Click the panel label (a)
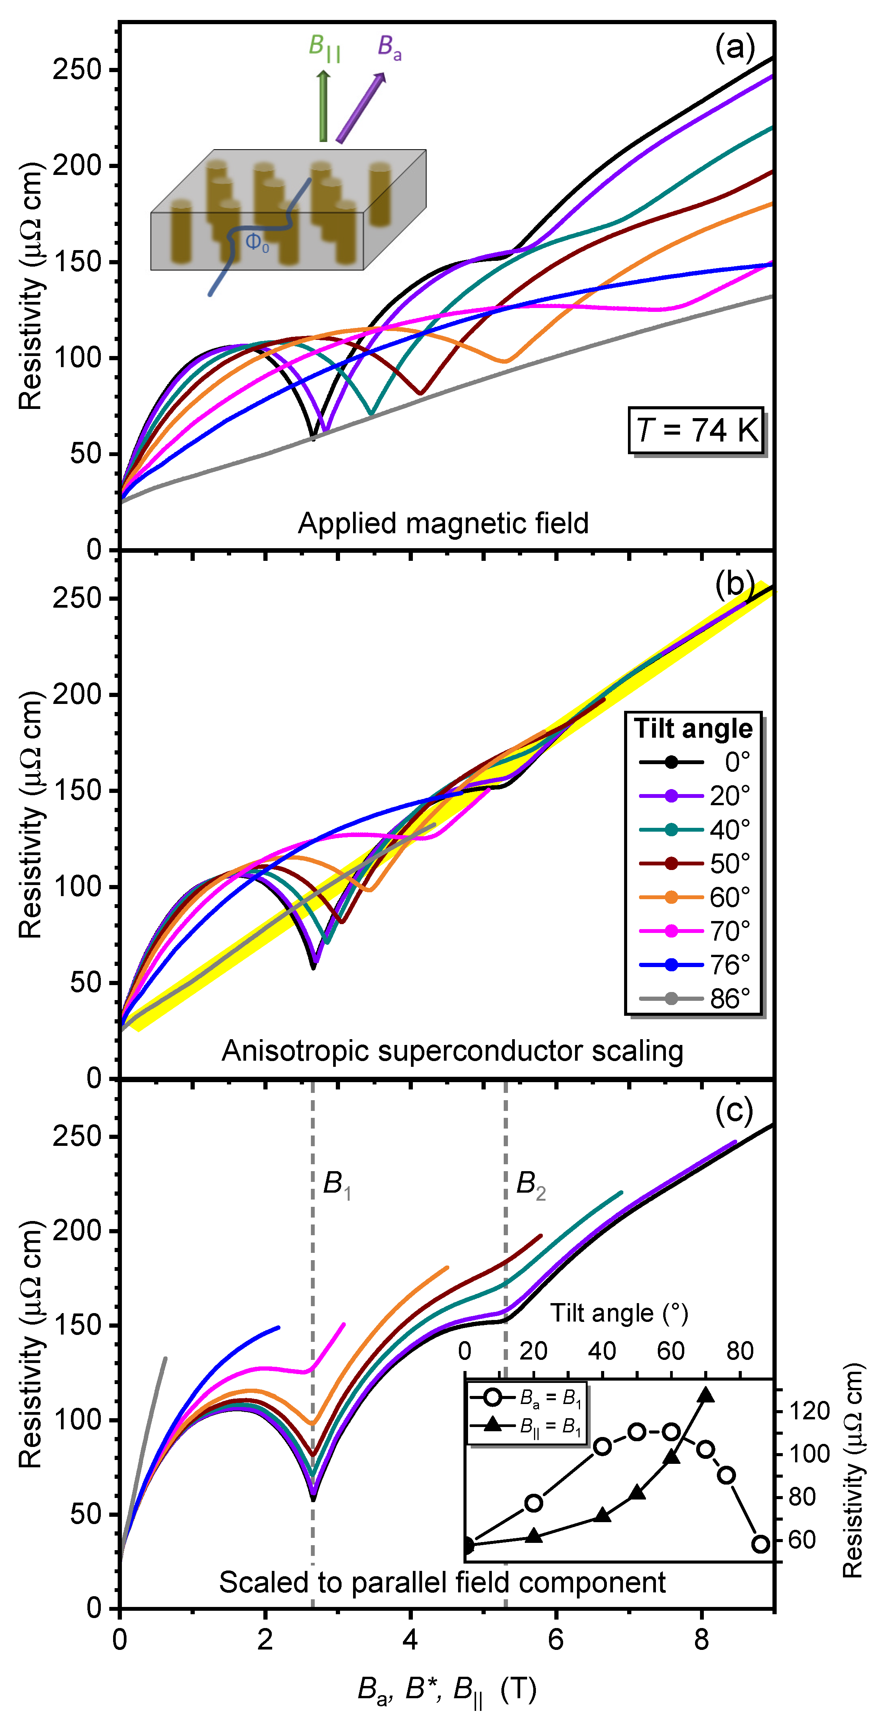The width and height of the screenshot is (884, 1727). (x=734, y=48)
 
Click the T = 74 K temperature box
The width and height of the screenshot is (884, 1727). (x=696, y=430)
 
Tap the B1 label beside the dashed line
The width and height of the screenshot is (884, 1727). (x=337, y=1184)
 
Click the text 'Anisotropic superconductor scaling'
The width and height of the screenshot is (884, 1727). (x=452, y=1051)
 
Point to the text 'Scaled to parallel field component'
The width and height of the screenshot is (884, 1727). (x=442, y=1582)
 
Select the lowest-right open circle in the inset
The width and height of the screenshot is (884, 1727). (x=760, y=1544)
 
